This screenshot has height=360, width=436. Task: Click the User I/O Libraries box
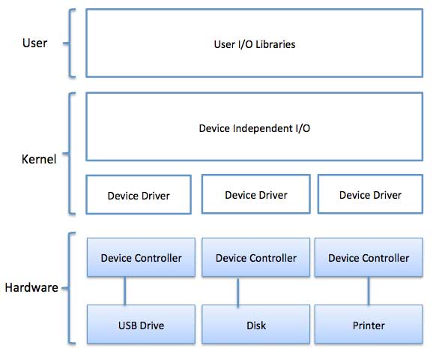[254, 43]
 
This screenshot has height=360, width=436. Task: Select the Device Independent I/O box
[254, 127]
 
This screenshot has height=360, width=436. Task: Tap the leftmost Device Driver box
[139, 195]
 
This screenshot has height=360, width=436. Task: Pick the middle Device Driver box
[255, 195]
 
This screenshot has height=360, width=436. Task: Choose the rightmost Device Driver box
[370, 195]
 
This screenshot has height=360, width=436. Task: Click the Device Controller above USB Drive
[141, 258]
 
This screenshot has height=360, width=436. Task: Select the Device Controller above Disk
[255, 258]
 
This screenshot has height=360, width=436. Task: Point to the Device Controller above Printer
[369, 258]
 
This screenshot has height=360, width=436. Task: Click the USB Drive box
[141, 325]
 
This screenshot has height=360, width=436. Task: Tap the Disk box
[255, 325]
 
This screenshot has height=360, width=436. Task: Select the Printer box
[369, 325]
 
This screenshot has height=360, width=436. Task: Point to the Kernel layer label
[38, 158]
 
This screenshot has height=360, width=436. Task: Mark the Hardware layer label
[31, 287]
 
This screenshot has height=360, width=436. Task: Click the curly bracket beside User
[70, 43]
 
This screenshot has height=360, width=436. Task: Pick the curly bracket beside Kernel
[70, 154]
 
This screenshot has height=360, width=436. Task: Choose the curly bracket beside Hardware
[70, 288]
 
